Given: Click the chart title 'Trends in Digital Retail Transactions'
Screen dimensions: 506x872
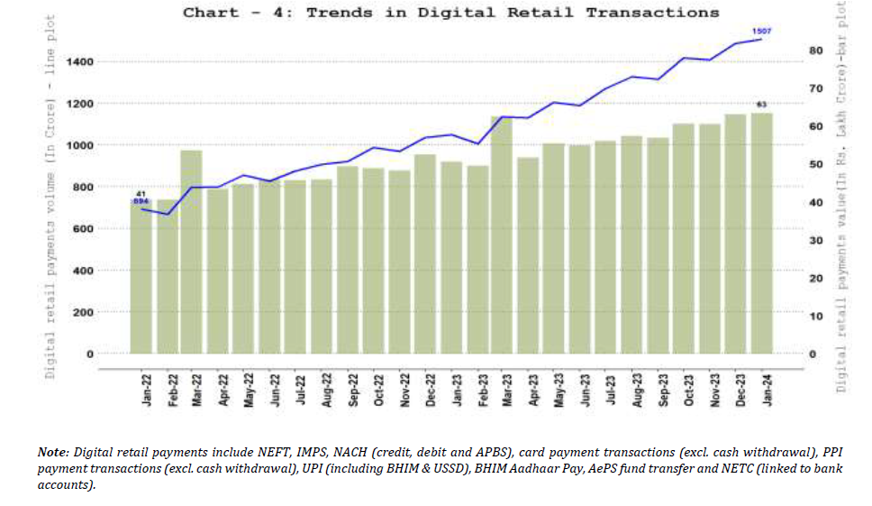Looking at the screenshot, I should (451, 13).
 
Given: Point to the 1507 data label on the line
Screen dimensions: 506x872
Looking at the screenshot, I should (762, 31).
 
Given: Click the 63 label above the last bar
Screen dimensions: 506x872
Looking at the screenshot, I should (761, 105).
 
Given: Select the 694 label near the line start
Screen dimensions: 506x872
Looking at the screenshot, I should (141, 201).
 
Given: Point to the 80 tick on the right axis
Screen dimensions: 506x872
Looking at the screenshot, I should (815, 51).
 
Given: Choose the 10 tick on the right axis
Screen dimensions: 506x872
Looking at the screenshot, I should (815, 316).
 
